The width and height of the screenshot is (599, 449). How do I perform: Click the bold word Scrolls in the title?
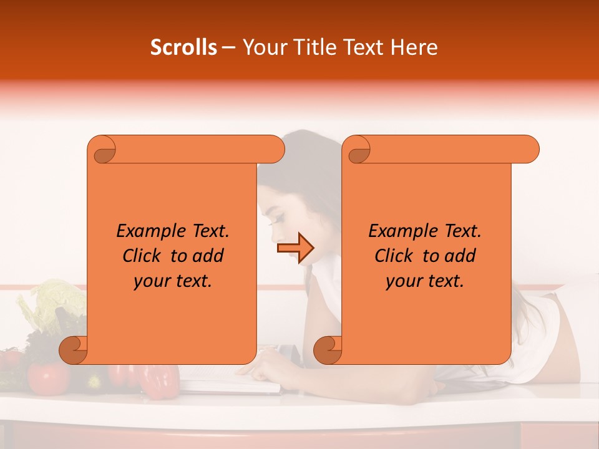[x=184, y=47]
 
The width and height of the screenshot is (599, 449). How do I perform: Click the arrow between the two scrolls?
[x=295, y=248]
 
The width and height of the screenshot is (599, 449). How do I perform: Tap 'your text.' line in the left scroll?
[x=173, y=281]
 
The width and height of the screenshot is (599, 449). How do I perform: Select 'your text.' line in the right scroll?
[x=425, y=281]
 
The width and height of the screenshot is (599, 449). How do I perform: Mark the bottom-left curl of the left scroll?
[x=74, y=349]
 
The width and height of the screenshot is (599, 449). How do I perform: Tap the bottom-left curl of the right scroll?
[x=328, y=349]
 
